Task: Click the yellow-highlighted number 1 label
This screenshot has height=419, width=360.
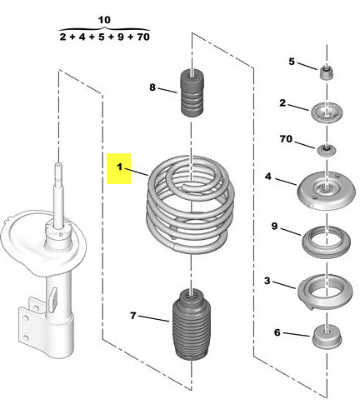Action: click(119, 168)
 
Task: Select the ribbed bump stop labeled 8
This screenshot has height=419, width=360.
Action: click(192, 92)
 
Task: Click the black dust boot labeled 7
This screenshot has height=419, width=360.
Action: click(192, 325)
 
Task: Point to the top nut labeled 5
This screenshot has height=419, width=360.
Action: click(327, 72)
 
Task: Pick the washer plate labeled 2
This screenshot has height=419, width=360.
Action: click(327, 113)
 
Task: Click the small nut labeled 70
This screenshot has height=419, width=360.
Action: click(327, 150)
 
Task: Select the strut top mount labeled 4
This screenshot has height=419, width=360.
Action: click(326, 191)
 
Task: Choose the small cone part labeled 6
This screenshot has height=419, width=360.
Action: click(327, 337)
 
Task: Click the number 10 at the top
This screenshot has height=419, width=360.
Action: click(104, 20)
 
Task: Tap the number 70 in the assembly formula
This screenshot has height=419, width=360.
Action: click(143, 37)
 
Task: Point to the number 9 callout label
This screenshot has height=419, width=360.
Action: click(274, 226)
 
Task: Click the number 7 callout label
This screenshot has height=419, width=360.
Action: click(133, 316)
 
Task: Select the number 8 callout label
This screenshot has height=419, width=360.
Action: click(152, 87)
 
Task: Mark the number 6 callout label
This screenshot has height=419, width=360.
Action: click(277, 332)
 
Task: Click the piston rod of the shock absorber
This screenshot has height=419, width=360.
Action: click(58, 194)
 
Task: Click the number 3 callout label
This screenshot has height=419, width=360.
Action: click(267, 281)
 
